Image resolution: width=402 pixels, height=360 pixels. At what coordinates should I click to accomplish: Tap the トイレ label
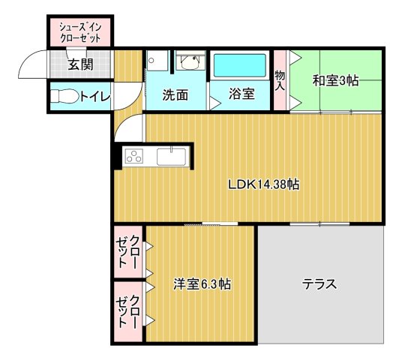click(95, 96)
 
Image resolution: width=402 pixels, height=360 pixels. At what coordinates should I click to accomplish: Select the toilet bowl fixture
click(67, 96)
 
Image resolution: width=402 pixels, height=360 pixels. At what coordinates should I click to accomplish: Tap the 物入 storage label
click(280, 79)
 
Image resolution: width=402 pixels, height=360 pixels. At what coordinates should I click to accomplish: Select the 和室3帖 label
click(336, 79)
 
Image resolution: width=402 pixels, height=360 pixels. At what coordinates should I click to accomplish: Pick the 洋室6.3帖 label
click(202, 284)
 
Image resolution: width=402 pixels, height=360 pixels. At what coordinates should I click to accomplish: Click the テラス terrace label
click(319, 284)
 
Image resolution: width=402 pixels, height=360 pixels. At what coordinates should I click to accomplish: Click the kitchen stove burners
click(133, 157)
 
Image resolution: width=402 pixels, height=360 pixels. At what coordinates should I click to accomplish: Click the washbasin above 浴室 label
click(190, 61)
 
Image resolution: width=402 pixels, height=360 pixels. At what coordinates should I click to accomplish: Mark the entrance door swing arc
click(31, 63)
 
